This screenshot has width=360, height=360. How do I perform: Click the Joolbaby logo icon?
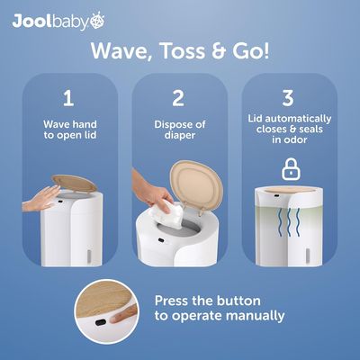tap(97, 21)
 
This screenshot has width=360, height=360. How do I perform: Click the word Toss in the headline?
tap(183, 51)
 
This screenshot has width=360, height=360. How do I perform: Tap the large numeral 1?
tap(68, 98)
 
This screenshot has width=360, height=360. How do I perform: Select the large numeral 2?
tap(178, 98)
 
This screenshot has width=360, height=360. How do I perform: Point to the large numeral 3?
tap(288, 98)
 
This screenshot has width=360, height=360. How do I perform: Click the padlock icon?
tap(291, 169)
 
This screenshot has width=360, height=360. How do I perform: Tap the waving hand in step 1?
tap(41, 199)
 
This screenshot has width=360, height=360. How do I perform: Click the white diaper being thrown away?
tap(166, 213)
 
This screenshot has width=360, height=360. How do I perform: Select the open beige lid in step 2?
tap(196, 185)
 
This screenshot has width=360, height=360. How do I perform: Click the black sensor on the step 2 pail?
tap(162, 240)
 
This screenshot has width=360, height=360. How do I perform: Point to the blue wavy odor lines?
tap(289, 221)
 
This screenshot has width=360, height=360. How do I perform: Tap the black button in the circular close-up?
tap(101, 322)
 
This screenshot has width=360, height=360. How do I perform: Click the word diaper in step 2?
tap(180, 135)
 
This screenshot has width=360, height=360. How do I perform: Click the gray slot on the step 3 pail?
tap(308, 255)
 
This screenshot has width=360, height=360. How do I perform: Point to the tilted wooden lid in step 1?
tap(74, 184)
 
